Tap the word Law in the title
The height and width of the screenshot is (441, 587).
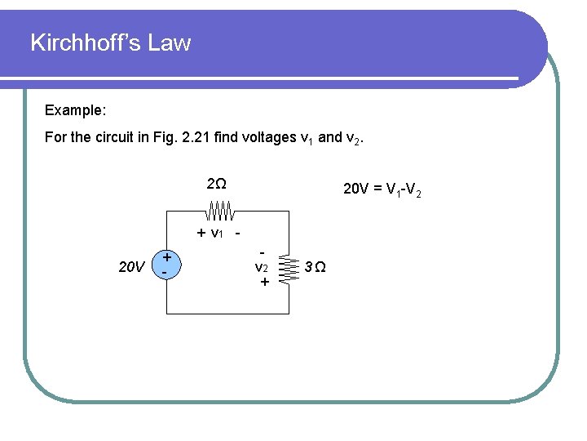click(x=172, y=42)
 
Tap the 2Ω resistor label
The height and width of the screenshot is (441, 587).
click(x=216, y=184)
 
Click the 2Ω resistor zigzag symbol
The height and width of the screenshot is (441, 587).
click(x=219, y=212)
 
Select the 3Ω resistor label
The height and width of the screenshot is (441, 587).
click(x=315, y=266)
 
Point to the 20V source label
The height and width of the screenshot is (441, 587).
click(x=131, y=266)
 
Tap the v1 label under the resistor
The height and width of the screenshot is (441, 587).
click(x=217, y=233)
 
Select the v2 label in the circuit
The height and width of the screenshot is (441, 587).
click(x=262, y=266)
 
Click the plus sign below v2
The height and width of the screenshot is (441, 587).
click(x=263, y=282)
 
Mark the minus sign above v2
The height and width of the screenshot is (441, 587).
click(x=263, y=251)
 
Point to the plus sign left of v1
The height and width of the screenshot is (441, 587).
click(x=201, y=233)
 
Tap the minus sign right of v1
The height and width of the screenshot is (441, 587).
click(x=238, y=233)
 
